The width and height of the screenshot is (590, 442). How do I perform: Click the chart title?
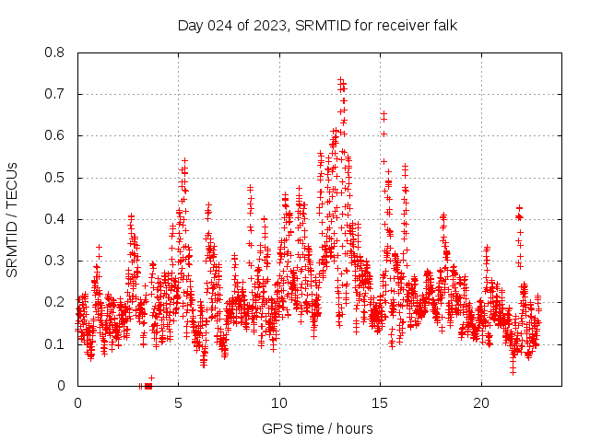point(317,24)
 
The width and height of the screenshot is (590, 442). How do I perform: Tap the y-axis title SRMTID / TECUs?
point(12,219)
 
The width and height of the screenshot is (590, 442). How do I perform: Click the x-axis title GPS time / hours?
point(317,428)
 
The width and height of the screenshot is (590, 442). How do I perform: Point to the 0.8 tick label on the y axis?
point(55,52)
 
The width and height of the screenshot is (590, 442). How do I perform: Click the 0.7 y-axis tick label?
point(55,94)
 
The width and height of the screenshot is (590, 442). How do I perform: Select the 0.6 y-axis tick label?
point(55,135)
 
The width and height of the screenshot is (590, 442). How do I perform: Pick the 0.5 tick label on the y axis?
point(55,178)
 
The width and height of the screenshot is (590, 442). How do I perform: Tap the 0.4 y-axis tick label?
point(55,219)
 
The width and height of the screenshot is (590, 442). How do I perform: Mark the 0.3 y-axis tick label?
point(55,261)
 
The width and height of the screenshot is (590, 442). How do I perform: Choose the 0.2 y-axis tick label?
point(55,302)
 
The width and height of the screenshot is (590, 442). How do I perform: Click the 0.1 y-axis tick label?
point(55,344)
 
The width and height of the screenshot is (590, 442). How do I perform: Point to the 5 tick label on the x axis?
point(179,403)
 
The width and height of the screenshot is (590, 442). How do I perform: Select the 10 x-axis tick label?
point(279,403)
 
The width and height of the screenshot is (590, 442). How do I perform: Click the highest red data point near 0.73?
point(340,80)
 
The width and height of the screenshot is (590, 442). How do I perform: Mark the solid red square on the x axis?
point(148,386)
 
